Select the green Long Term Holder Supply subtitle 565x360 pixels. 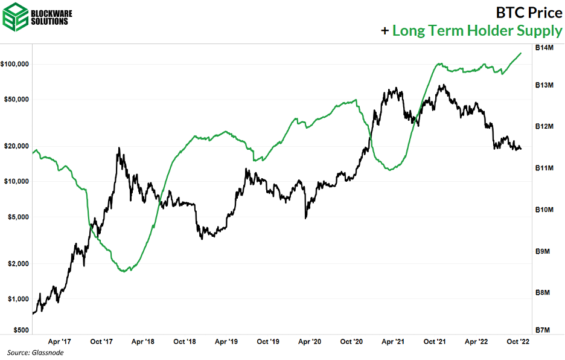[x=477, y=30]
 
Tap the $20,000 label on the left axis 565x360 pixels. [x=17, y=146]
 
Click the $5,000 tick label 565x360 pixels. [x=18, y=217]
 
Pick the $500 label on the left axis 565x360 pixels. [x=21, y=330]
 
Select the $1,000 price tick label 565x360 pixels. [x=18, y=299]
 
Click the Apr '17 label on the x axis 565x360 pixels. [x=59, y=342]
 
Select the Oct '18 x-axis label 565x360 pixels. [x=184, y=342]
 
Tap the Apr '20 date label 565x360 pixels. [x=309, y=342]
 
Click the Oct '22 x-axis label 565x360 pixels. [x=517, y=342]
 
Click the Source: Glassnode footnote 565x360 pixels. [x=36, y=352]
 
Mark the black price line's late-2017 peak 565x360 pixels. [x=119, y=148]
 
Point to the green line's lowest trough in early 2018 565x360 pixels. [x=124, y=271]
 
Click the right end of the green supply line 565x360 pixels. [x=521, y=53]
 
